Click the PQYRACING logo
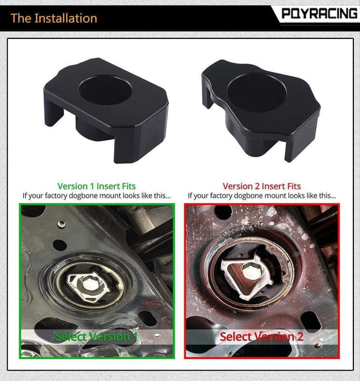319,13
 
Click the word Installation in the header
65,18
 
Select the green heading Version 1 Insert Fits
97,186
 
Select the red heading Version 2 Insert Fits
262,186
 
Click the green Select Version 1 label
96,337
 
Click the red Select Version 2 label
262,337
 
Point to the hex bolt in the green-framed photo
88,283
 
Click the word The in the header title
20,18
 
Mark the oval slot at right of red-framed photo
310,320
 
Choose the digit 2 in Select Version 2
300,337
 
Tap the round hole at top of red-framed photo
223,212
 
